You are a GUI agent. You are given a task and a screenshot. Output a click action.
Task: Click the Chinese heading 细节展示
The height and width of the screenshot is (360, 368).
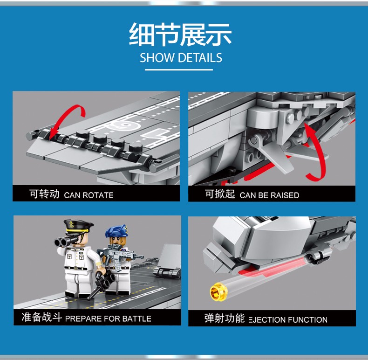pos(180,35)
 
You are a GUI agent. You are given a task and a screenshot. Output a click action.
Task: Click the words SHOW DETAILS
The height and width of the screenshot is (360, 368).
pos(181,58)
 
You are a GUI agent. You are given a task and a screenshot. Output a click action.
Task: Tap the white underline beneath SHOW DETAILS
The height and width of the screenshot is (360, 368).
pos(179,69)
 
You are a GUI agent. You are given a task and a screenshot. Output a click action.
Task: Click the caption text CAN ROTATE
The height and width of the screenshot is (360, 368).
pos(89,195)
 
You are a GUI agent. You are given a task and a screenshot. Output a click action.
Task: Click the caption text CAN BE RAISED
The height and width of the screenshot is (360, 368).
pos(269,195)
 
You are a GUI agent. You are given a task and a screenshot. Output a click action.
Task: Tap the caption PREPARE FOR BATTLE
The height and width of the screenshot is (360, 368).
pos(108,318)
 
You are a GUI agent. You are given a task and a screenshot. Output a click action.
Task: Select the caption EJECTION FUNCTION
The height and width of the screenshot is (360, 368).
pos(288,320)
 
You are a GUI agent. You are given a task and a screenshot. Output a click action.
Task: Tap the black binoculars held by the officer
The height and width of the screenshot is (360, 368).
pos(65,242)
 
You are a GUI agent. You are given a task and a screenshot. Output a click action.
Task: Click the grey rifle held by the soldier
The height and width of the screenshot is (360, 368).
pos(120,254)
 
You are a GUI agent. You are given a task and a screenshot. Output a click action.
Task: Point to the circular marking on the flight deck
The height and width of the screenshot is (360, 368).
pos(124,125)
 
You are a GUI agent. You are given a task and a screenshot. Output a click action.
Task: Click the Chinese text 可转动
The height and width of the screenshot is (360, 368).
pos(44,194)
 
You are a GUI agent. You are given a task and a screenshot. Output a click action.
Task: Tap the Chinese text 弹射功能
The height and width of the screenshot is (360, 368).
pos(225,318)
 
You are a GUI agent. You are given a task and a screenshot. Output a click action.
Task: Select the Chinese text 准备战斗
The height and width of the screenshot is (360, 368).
pos(42,317)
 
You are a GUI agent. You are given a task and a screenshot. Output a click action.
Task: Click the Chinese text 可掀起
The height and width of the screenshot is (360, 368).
pos(220,194)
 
